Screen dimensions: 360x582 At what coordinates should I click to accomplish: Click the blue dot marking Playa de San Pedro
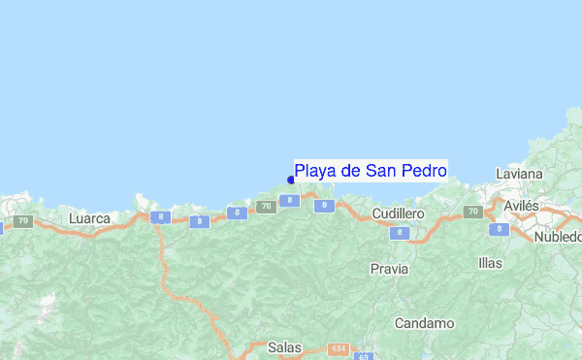point(291,180)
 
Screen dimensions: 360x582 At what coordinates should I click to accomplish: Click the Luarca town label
point(90,219)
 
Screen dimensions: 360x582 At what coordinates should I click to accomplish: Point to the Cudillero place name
point(399,213)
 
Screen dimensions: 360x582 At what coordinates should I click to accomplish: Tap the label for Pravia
point(389,268)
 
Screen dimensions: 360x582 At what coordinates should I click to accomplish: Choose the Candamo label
point(425,322)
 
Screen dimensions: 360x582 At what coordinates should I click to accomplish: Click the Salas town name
point(285,346)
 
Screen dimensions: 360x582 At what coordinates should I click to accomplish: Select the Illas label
point(491,263)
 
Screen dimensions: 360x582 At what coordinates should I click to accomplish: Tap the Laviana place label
point(519,174)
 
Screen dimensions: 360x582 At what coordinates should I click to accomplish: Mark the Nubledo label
point(559,237)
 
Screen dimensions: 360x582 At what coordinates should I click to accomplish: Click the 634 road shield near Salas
point(338,347)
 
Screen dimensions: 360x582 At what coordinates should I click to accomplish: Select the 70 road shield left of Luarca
point(22,221)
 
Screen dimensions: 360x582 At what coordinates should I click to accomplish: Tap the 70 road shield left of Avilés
point(473,212)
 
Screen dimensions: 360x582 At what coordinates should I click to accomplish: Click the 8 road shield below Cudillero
point(399,233)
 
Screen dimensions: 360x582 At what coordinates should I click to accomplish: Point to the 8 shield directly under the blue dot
point(288,200)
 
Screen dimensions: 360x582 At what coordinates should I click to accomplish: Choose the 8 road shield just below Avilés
point(499,229)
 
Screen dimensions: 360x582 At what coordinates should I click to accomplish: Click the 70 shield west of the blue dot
point(266,206)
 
